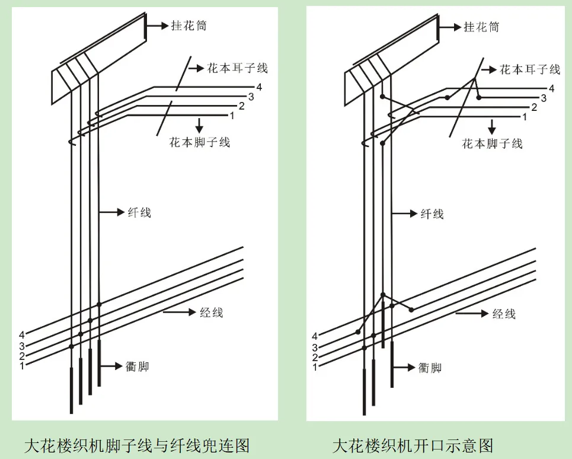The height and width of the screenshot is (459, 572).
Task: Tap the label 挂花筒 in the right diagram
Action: coord(481,27)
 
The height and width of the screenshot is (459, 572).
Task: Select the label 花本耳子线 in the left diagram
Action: coord(237,68)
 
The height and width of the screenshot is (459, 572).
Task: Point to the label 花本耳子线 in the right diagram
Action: coord(529,69)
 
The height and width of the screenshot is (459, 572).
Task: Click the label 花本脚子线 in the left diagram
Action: coord(200,142)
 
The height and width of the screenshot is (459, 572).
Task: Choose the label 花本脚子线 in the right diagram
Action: coord(492,143)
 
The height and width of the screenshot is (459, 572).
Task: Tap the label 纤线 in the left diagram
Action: coord(139,212)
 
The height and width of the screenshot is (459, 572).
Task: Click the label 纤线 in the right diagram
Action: coord(432,213)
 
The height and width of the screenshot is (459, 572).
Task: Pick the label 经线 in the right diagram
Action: coord(504,313)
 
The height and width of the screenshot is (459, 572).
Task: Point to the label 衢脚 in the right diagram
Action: coord(430,368)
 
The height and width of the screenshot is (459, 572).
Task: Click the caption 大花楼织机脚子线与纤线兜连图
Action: coord(136,445)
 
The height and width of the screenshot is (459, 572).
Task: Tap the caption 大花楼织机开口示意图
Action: coord(413,445)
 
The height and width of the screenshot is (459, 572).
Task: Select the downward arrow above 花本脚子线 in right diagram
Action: coord(491,125)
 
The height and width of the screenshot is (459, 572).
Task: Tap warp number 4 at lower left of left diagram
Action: coord(22,336)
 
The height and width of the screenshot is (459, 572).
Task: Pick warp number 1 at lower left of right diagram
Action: coord(315,367)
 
